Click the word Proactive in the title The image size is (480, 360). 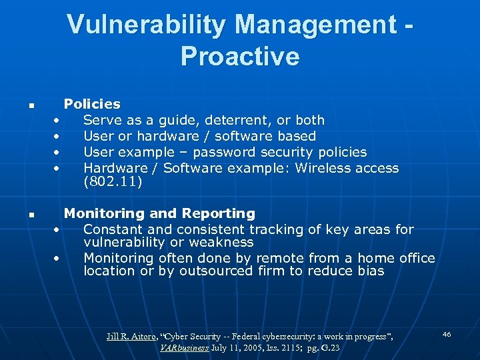click(240, 57)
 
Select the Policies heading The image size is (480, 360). click(92, 104)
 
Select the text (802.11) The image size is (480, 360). click(113, 181)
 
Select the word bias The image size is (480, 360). click(370, 271)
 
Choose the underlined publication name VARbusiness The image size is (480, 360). click(190, 348)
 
